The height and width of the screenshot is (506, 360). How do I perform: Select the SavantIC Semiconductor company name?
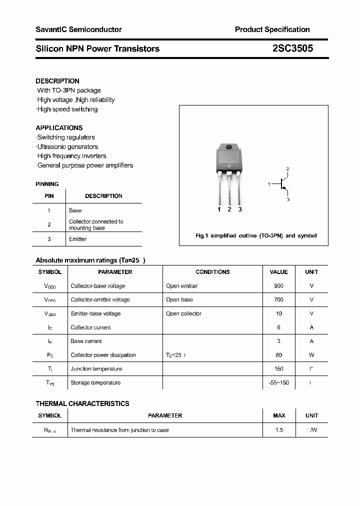tap(78, 29)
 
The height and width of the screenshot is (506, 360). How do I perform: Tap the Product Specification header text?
tap(272, 29)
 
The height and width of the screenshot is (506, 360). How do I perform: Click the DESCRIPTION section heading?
tap(57, 81)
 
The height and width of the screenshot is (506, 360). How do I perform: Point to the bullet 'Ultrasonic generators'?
tap(67, 146)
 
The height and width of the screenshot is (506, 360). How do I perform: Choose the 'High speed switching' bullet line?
tap(67, 109)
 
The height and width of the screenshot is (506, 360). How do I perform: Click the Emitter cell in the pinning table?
tap(77, 239)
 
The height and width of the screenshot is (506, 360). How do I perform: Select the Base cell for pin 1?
tap(75, 210)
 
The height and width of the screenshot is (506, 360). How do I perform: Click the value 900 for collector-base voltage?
tap(278, 286)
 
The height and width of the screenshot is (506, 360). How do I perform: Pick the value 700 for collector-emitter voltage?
tap(278, 299)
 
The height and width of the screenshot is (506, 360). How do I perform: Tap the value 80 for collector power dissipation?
tap(278, 355)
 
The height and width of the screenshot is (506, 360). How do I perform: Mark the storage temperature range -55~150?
tap(278, 382)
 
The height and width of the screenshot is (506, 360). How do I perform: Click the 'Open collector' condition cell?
tap(183, 313)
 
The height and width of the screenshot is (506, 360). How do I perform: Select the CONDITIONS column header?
tap(212, 272)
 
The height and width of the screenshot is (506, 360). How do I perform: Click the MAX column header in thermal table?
tap(279, 415)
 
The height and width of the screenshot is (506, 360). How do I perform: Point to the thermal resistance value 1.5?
tap(279, 430)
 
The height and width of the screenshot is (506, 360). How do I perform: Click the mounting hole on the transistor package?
tap(229, 147)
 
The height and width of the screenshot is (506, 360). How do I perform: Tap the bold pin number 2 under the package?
tap(229, 209)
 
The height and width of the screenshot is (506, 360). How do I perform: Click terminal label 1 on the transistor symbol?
tap(269, 184)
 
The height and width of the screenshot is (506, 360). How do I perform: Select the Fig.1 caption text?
tap(255, 235)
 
